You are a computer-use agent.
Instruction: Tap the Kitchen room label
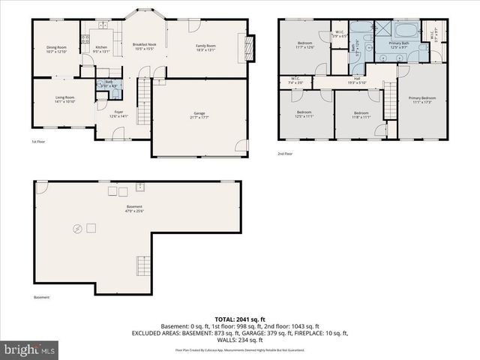101,49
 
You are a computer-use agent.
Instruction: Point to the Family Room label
205,48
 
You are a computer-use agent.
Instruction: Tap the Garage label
199,115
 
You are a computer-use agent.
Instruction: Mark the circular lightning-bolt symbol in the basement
76,229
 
